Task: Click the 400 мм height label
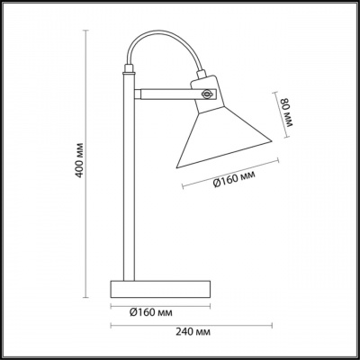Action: (79, 159)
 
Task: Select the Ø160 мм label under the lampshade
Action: (234, 179)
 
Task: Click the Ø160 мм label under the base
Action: (151, 313)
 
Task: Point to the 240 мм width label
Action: (193, 332)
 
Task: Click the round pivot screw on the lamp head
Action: (206, 94)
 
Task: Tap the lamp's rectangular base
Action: (160, 289)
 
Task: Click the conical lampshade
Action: (222, 137)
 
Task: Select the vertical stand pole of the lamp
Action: (129, 177)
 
